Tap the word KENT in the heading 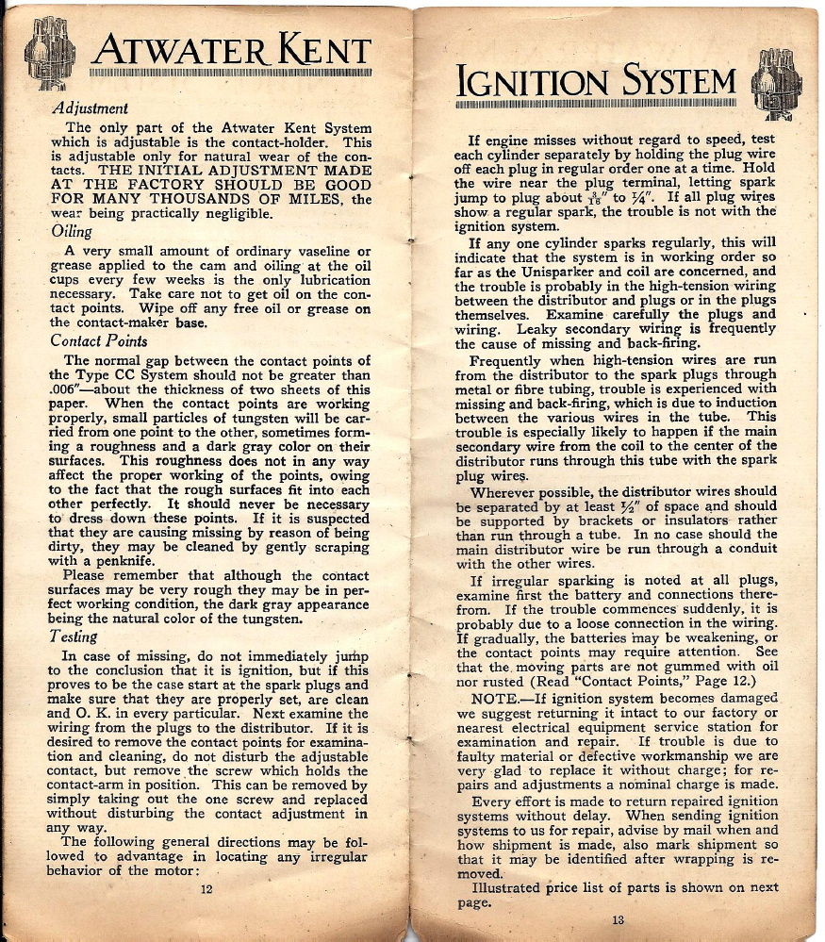319,49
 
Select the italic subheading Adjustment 91,108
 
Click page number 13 618,920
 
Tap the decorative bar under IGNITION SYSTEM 594,103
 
